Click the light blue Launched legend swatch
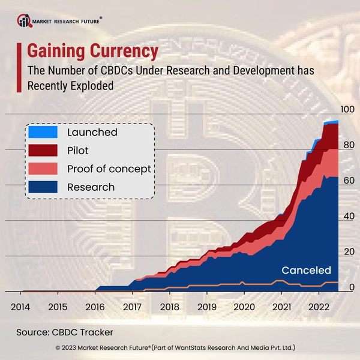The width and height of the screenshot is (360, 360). point(43,132)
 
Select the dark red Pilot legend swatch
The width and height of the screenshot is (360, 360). point(43,150)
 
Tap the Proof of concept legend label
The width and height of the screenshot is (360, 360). point(109,169)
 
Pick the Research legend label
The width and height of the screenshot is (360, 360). point(91,187)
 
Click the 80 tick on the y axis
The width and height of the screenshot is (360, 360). point(348,145)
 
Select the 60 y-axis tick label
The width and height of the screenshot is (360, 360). point(348,181)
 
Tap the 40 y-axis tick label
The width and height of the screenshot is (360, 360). point(348,216)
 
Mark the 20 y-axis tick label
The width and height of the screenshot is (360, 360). point(348,252)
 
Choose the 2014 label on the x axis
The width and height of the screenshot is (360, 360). point(20,307)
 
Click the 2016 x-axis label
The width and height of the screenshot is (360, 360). point(95,307)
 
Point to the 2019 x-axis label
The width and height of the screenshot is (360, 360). point(207,307)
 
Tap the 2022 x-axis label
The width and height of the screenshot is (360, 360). point(319,307)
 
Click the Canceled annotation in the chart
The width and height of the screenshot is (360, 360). point(306,270)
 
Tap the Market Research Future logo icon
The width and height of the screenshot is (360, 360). point(25,22)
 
